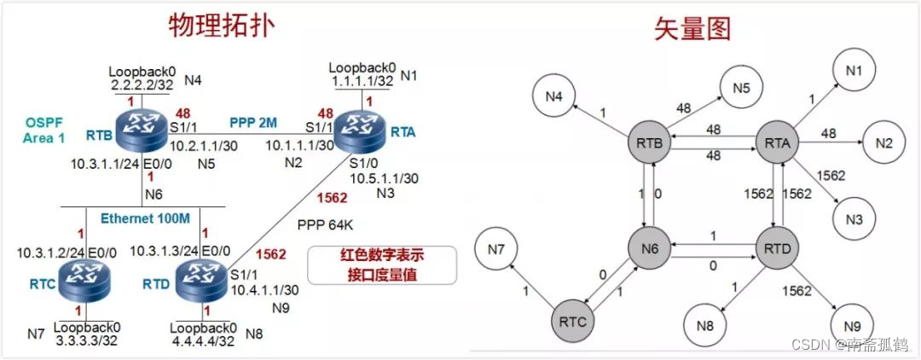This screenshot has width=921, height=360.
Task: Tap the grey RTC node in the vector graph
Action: [578, 321]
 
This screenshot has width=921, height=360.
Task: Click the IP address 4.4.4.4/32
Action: [203, 340]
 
